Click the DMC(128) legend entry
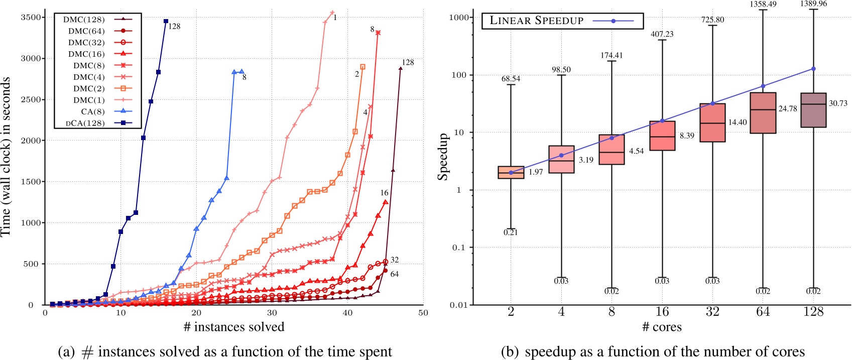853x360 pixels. pos(84,20)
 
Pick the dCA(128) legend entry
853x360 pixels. pos(85,123)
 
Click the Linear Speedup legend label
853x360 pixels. pos(536,21)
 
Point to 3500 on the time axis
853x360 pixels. pos(30,18)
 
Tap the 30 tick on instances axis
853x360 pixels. pos(272,313)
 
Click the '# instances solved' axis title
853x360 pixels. pos(234,327)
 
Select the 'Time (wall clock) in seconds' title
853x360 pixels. pos(6,157)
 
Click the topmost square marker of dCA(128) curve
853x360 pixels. pos(166,21)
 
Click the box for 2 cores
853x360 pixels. pos(511,172)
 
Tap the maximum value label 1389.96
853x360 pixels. pos(813,4)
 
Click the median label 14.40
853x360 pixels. pos(738,123)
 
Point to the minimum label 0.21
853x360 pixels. pos(511,232)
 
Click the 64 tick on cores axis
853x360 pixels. pos(763,312)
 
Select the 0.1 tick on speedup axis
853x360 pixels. pos(458,248)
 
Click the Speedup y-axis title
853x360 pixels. pos(443,157)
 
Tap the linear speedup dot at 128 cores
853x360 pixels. pos(813,69)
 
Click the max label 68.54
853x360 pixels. pos(511,79)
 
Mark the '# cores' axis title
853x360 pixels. pos(662,327)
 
